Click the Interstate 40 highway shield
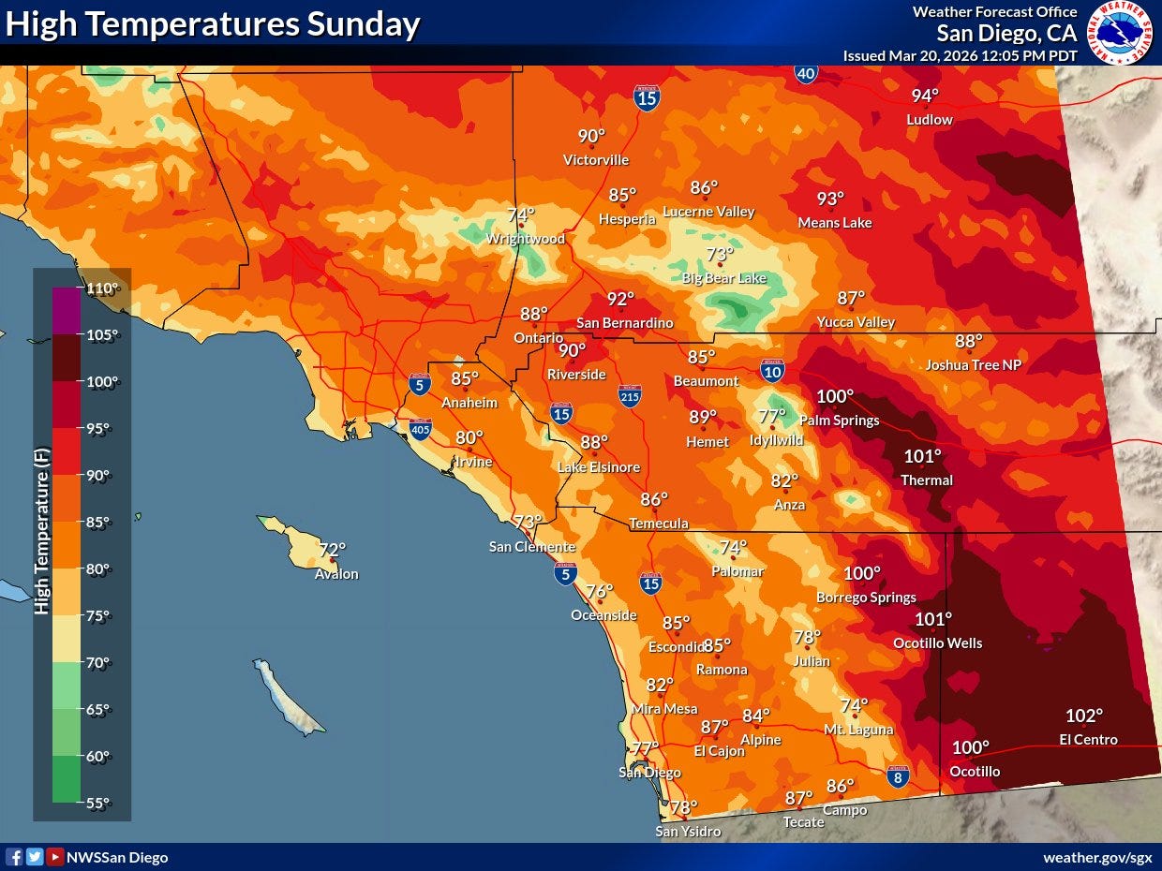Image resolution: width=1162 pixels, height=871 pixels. click(x=805, y=74)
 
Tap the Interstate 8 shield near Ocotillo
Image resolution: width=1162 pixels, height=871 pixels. click(x=898, y=775)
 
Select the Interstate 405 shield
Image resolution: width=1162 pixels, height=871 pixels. click(x=421, y=430)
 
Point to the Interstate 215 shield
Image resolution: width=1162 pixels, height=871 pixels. click(x=630, y=396)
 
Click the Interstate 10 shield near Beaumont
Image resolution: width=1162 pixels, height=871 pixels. click(x=772, y=372)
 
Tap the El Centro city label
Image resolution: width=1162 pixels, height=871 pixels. click(x=1088, y=740)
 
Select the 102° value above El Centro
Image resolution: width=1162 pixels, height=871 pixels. click(x=1084, y=716)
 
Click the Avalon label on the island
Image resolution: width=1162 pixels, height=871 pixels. click(x=336, y=574)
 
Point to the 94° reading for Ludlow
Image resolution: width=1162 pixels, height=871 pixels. click(x=925, y=96)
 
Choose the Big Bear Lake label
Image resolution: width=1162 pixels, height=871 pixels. click(x=723, y=278)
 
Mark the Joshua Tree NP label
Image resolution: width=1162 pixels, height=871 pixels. click(x=973, y=365)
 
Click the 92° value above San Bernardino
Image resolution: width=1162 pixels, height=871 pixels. click(x=620, y=299)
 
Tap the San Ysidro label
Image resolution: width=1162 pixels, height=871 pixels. click(x=688, y=832)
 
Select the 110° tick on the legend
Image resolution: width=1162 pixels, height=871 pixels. click(x=103, y=288)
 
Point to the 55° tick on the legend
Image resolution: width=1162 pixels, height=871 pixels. click(x=97, y=803)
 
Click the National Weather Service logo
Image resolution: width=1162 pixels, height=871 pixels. click(x=1119, y=32)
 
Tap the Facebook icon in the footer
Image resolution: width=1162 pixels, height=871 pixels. click(x=14, y=857)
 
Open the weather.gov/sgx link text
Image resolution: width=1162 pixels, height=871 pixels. click(x=1097, y=857)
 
